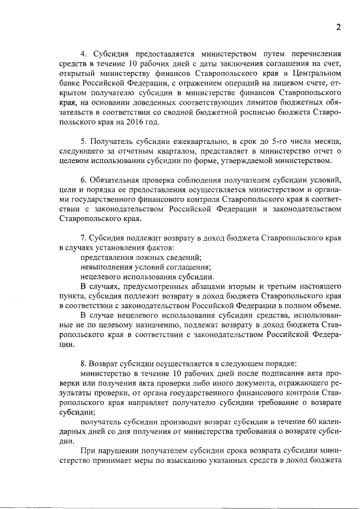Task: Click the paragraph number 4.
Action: tap(83, 54)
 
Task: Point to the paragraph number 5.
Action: tap(83, 140)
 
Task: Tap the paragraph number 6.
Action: tap(83, 179)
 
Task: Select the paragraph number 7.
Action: tap(83, 238)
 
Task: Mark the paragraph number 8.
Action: tap(83, 363)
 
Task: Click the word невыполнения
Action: tap(108, 267)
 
